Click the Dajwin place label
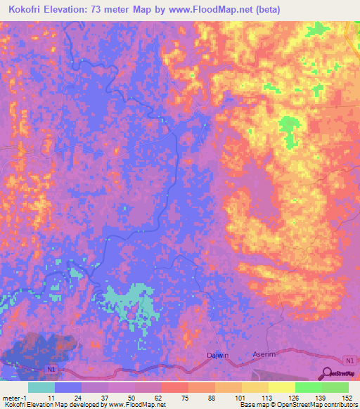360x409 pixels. [x=218, y=356]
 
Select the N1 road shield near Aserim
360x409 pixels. [x=349, y=360]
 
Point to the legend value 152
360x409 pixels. [x=348, y=397]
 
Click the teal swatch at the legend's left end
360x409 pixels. [x=41, y=387]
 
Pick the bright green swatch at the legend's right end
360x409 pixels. [x=335, y=387]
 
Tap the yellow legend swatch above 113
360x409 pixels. [x=282, y=387]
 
